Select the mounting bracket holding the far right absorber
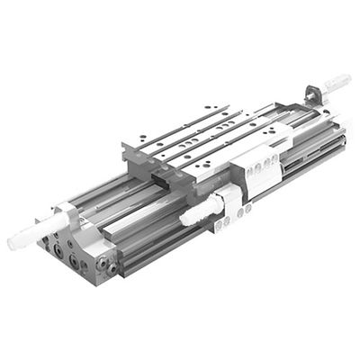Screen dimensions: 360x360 [312, 94]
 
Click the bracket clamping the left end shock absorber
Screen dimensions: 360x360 [67, 216]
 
